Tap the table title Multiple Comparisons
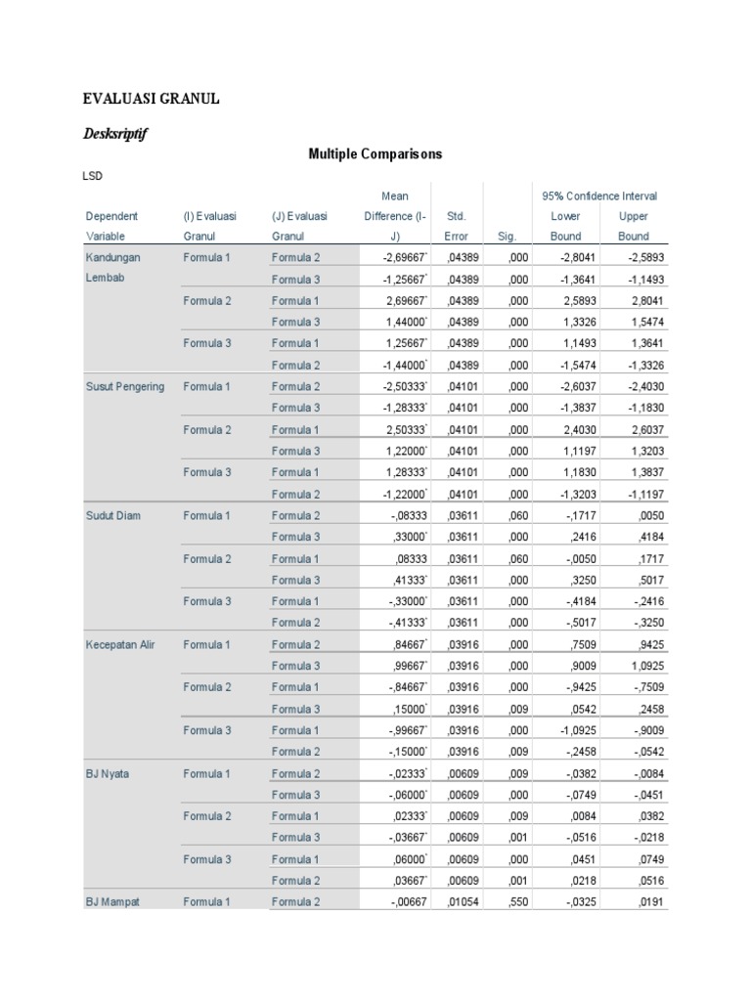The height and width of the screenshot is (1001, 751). coord(375,154)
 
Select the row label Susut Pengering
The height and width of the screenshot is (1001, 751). coord(125,386)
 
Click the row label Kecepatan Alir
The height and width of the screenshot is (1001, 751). coord(121,644)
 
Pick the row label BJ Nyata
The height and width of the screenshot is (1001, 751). coord(108,773)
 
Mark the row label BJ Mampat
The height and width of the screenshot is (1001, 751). coord(111,902)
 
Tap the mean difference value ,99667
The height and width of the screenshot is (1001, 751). coord(405,666)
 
